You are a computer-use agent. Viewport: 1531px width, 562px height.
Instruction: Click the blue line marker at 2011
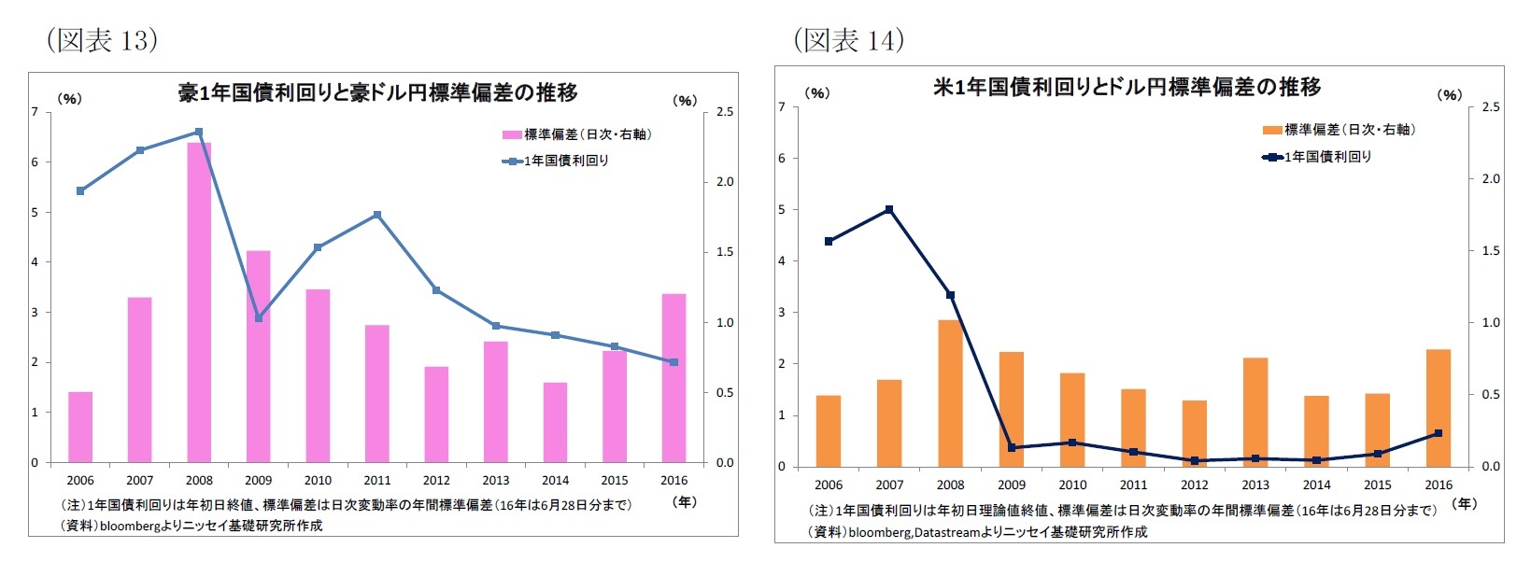377,215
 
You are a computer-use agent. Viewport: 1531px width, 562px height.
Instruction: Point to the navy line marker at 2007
889,209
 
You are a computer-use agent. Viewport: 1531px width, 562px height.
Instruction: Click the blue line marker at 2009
259,318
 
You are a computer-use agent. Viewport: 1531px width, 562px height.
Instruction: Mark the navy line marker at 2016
1439,433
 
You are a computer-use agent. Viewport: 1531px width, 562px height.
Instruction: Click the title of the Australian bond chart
377,92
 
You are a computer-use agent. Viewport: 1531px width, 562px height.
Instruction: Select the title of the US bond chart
1127,87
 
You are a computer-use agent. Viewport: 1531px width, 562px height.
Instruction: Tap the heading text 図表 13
102,40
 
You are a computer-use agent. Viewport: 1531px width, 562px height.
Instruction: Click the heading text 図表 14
848,40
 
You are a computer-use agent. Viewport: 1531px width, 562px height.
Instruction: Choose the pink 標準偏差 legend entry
576,134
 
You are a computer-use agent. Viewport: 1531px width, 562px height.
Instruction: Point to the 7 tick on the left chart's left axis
35,112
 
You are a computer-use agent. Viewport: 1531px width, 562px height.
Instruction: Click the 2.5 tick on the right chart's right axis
1490,107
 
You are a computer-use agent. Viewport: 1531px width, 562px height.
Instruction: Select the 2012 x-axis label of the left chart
436,481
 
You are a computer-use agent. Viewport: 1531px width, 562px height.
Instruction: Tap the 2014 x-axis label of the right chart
1316,485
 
